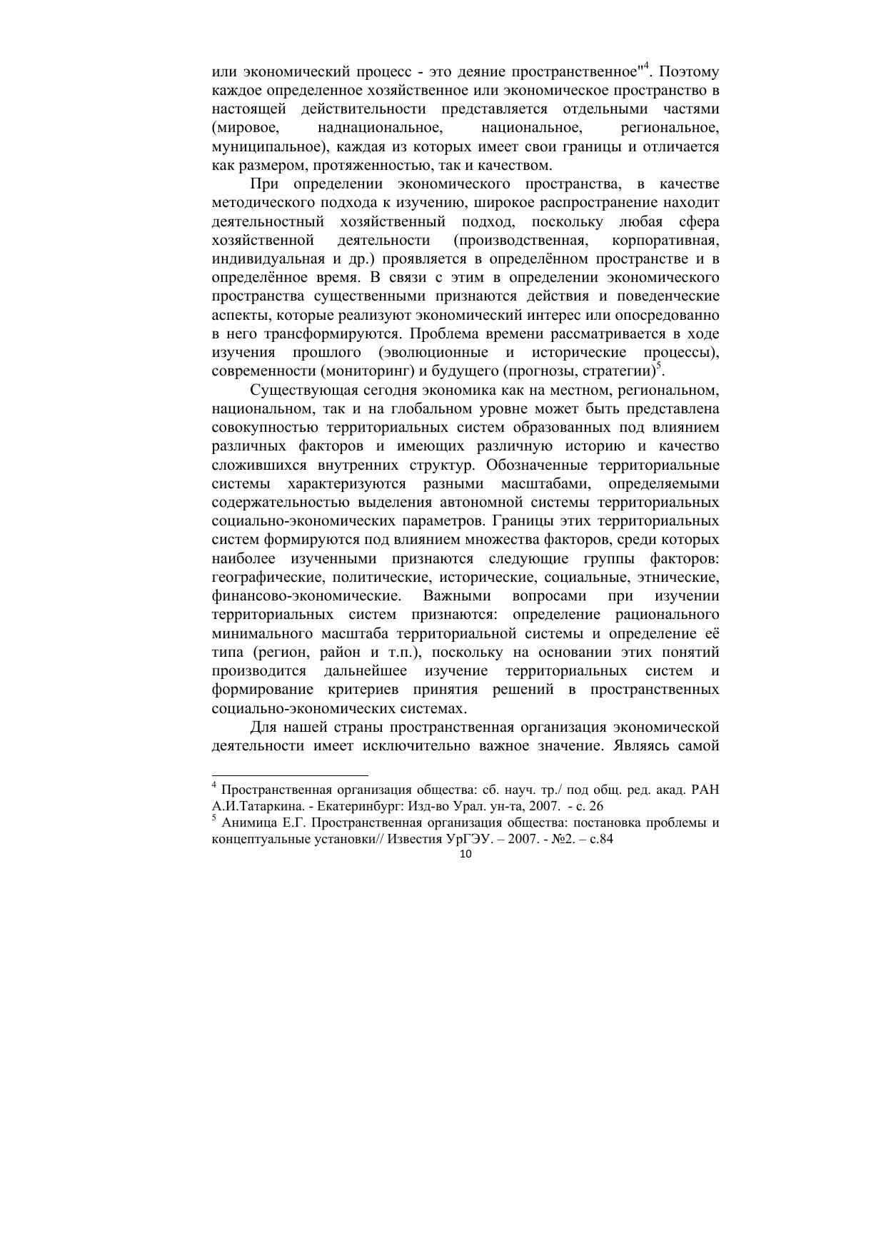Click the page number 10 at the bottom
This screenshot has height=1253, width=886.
coord(466,854)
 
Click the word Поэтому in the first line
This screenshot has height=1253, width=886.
coord(688,72)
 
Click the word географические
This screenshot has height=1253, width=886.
coord(266,578)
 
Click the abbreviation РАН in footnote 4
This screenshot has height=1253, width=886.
coord(706,790)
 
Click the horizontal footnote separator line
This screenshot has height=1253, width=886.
coord(290,775)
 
